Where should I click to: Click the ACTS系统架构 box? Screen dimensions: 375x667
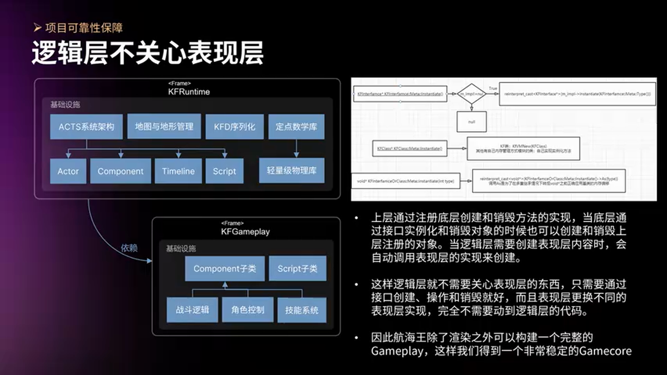coord(87,127)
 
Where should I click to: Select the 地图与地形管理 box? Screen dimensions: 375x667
coord(164,127)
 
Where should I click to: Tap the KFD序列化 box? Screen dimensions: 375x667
coord(234,127)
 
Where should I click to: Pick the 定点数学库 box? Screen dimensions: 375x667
coord(296,127)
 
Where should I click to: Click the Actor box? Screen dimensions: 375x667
coord(68,171)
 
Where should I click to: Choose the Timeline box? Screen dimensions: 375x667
coord(178,171)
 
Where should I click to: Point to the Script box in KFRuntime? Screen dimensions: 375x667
coord(224,171)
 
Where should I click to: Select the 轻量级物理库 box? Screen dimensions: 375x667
coord(292,171)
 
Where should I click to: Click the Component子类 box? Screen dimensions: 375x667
coord(225,269)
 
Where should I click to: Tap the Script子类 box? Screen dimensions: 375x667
coord(297,269)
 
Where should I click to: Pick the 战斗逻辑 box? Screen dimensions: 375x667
coord(192,310)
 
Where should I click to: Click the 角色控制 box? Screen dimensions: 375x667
coord(248,310)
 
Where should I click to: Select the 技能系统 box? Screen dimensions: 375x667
coord(302,310)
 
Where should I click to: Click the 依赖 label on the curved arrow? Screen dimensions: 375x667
coord(129,248)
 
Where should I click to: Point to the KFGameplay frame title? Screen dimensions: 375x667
coord(245,231)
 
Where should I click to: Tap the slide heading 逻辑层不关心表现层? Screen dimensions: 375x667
coord(147,53)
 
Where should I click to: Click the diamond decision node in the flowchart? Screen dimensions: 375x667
coord(472,94)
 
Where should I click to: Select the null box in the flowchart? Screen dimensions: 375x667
coord(472,122)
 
